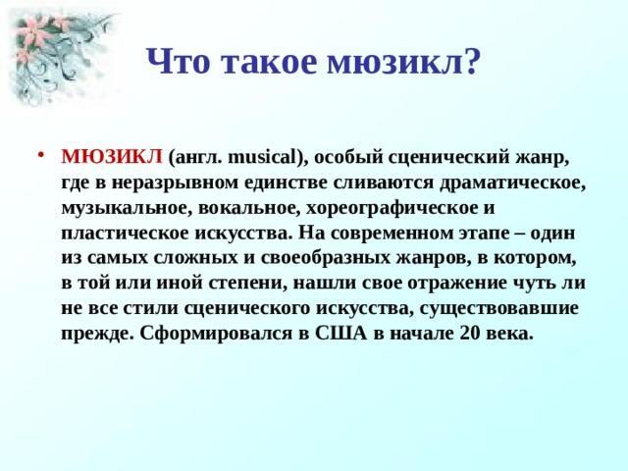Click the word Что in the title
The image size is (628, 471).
[179, 61]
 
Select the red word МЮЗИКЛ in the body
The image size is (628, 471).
[112, 157]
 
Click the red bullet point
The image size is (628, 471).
[40, 155]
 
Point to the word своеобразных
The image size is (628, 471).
[326, 259]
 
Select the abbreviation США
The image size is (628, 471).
[340, 334]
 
